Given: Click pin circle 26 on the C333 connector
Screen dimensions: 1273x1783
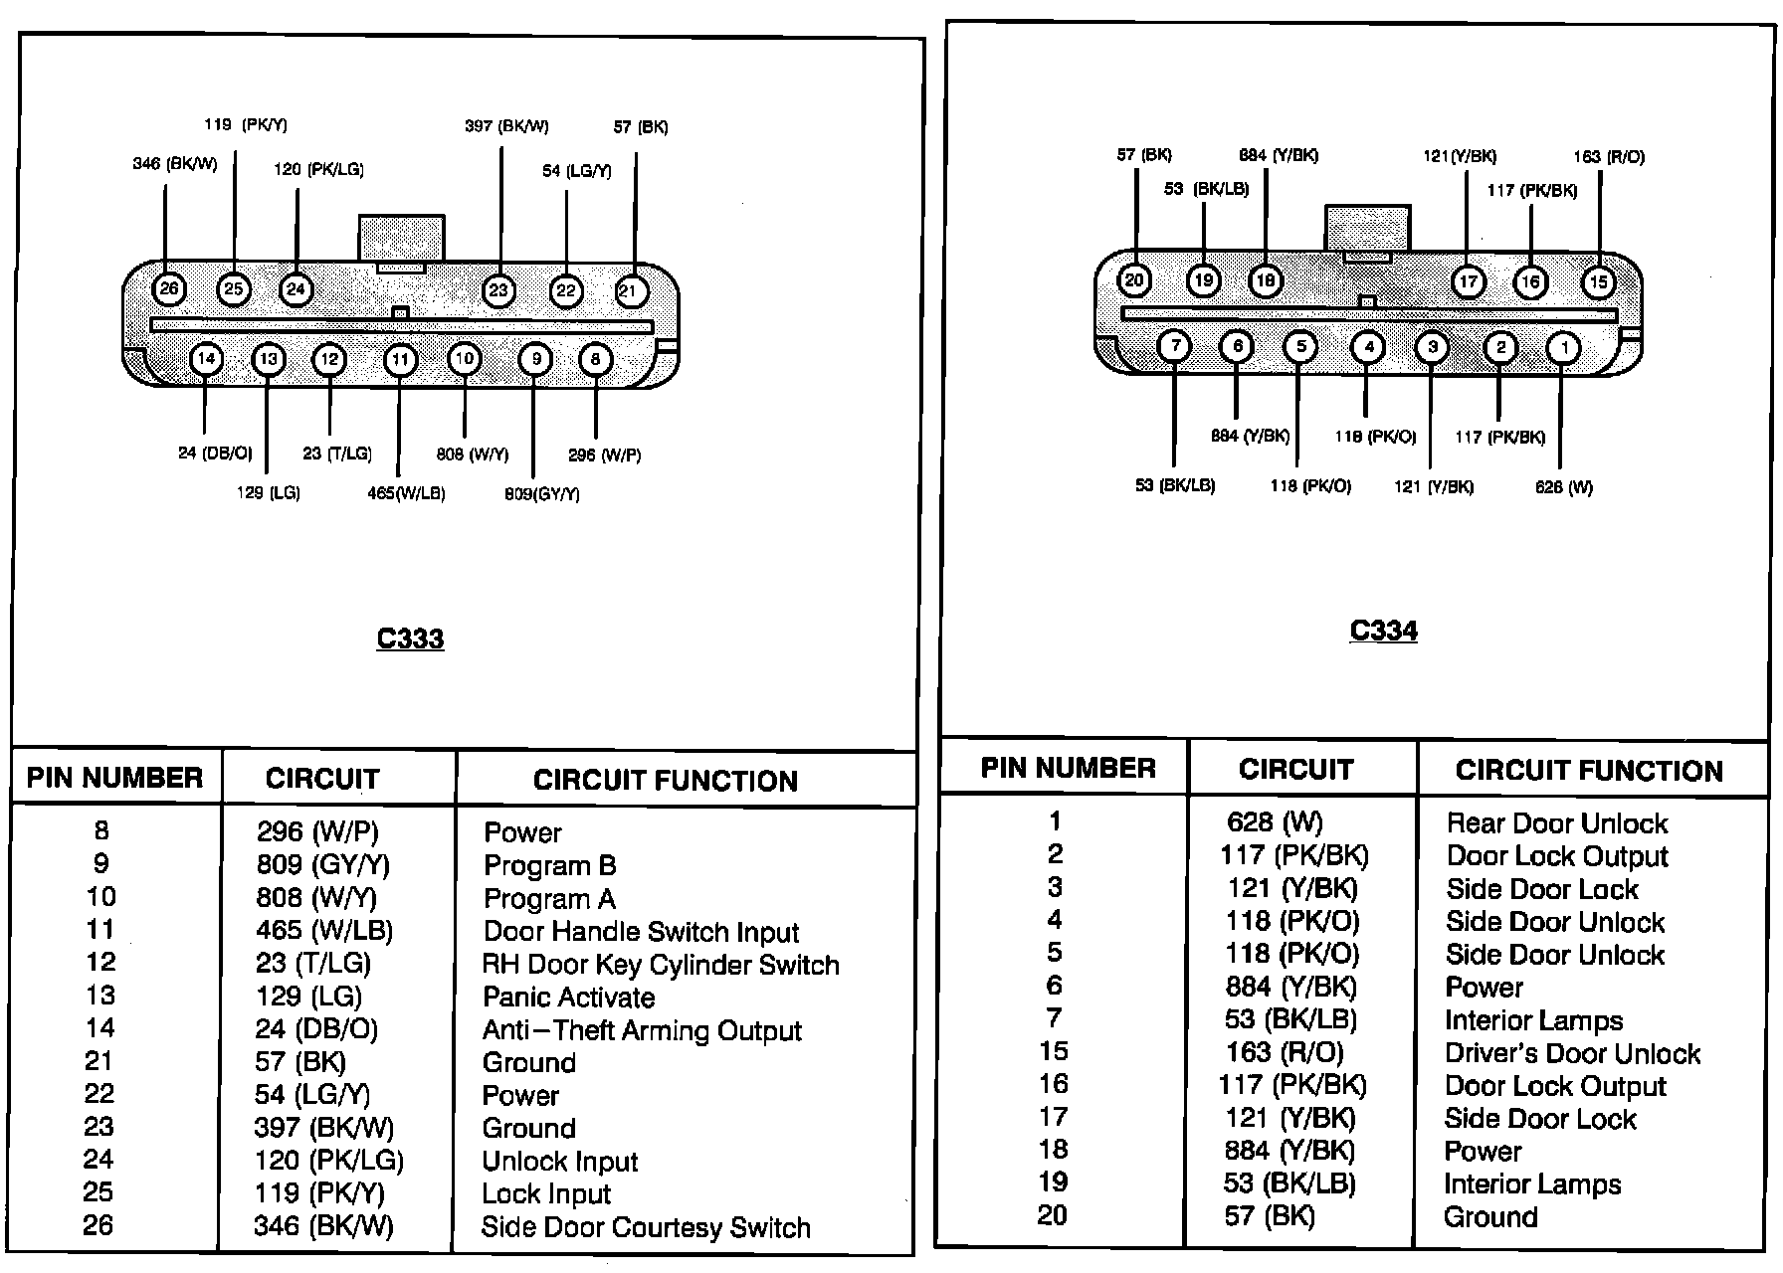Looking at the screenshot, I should click(x=169, y=289).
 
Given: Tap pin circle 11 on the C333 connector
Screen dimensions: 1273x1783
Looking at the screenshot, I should click(x=400, y=360).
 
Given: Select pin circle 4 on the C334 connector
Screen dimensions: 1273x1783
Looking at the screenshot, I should click(x=1369, y=347).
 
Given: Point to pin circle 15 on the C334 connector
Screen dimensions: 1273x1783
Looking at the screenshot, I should click(x=1598, y=282).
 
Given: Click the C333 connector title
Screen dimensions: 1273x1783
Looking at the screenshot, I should click(x=410, y=638).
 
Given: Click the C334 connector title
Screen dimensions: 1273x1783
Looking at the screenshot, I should click(x=1383, y=631).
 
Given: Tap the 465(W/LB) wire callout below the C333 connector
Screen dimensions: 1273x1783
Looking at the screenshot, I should click(x=406, y=493).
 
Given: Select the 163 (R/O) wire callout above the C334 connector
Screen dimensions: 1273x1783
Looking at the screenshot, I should click(x=1609, y=157).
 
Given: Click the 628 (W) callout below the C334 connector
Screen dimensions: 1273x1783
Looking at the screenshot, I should click(x=1563, y=487).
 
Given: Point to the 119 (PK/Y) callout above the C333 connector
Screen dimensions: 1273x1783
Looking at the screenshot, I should click(x=246, y=125).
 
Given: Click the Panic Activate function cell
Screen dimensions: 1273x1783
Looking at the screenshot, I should click(x=568, y=998).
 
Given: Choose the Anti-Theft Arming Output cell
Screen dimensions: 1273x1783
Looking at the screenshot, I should click(x=642, y=1030).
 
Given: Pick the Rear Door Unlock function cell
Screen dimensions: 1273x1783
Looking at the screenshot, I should click(x=1556, y=823).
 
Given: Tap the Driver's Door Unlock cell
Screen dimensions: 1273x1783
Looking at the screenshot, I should click(x=1572, y=1053).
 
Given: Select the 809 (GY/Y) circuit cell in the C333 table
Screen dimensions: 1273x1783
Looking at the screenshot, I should click(x=322, y=864).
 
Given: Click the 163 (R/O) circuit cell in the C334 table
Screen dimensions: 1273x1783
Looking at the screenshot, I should click(x=1284, y=1052).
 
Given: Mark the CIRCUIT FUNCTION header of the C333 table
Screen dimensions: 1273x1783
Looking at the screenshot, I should click(x=665, y=781).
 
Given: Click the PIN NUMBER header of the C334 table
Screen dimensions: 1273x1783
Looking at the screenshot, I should click(x=1068, y=768).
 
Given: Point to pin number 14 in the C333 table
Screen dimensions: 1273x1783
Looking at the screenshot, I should click(x=99, y=1027).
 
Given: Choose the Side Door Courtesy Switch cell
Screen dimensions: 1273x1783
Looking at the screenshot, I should click(x=646, y=1227).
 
